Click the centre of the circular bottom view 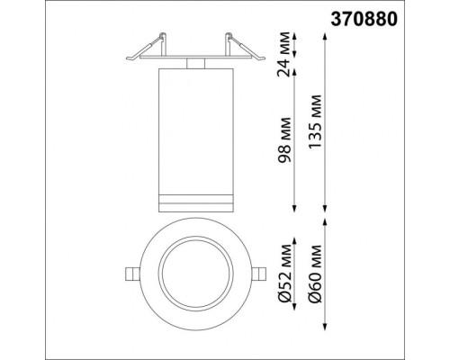pyautogui.click(x=195, y=273)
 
